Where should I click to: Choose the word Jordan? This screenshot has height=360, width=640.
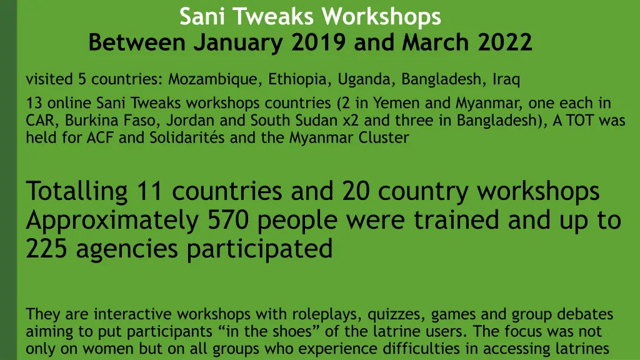(x=189, y=120)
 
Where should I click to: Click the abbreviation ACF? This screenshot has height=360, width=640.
(x=100, y=137)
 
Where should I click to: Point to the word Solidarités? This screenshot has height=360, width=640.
(x=187, y=137)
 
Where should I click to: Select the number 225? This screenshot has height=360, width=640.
(x=47, y=249)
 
